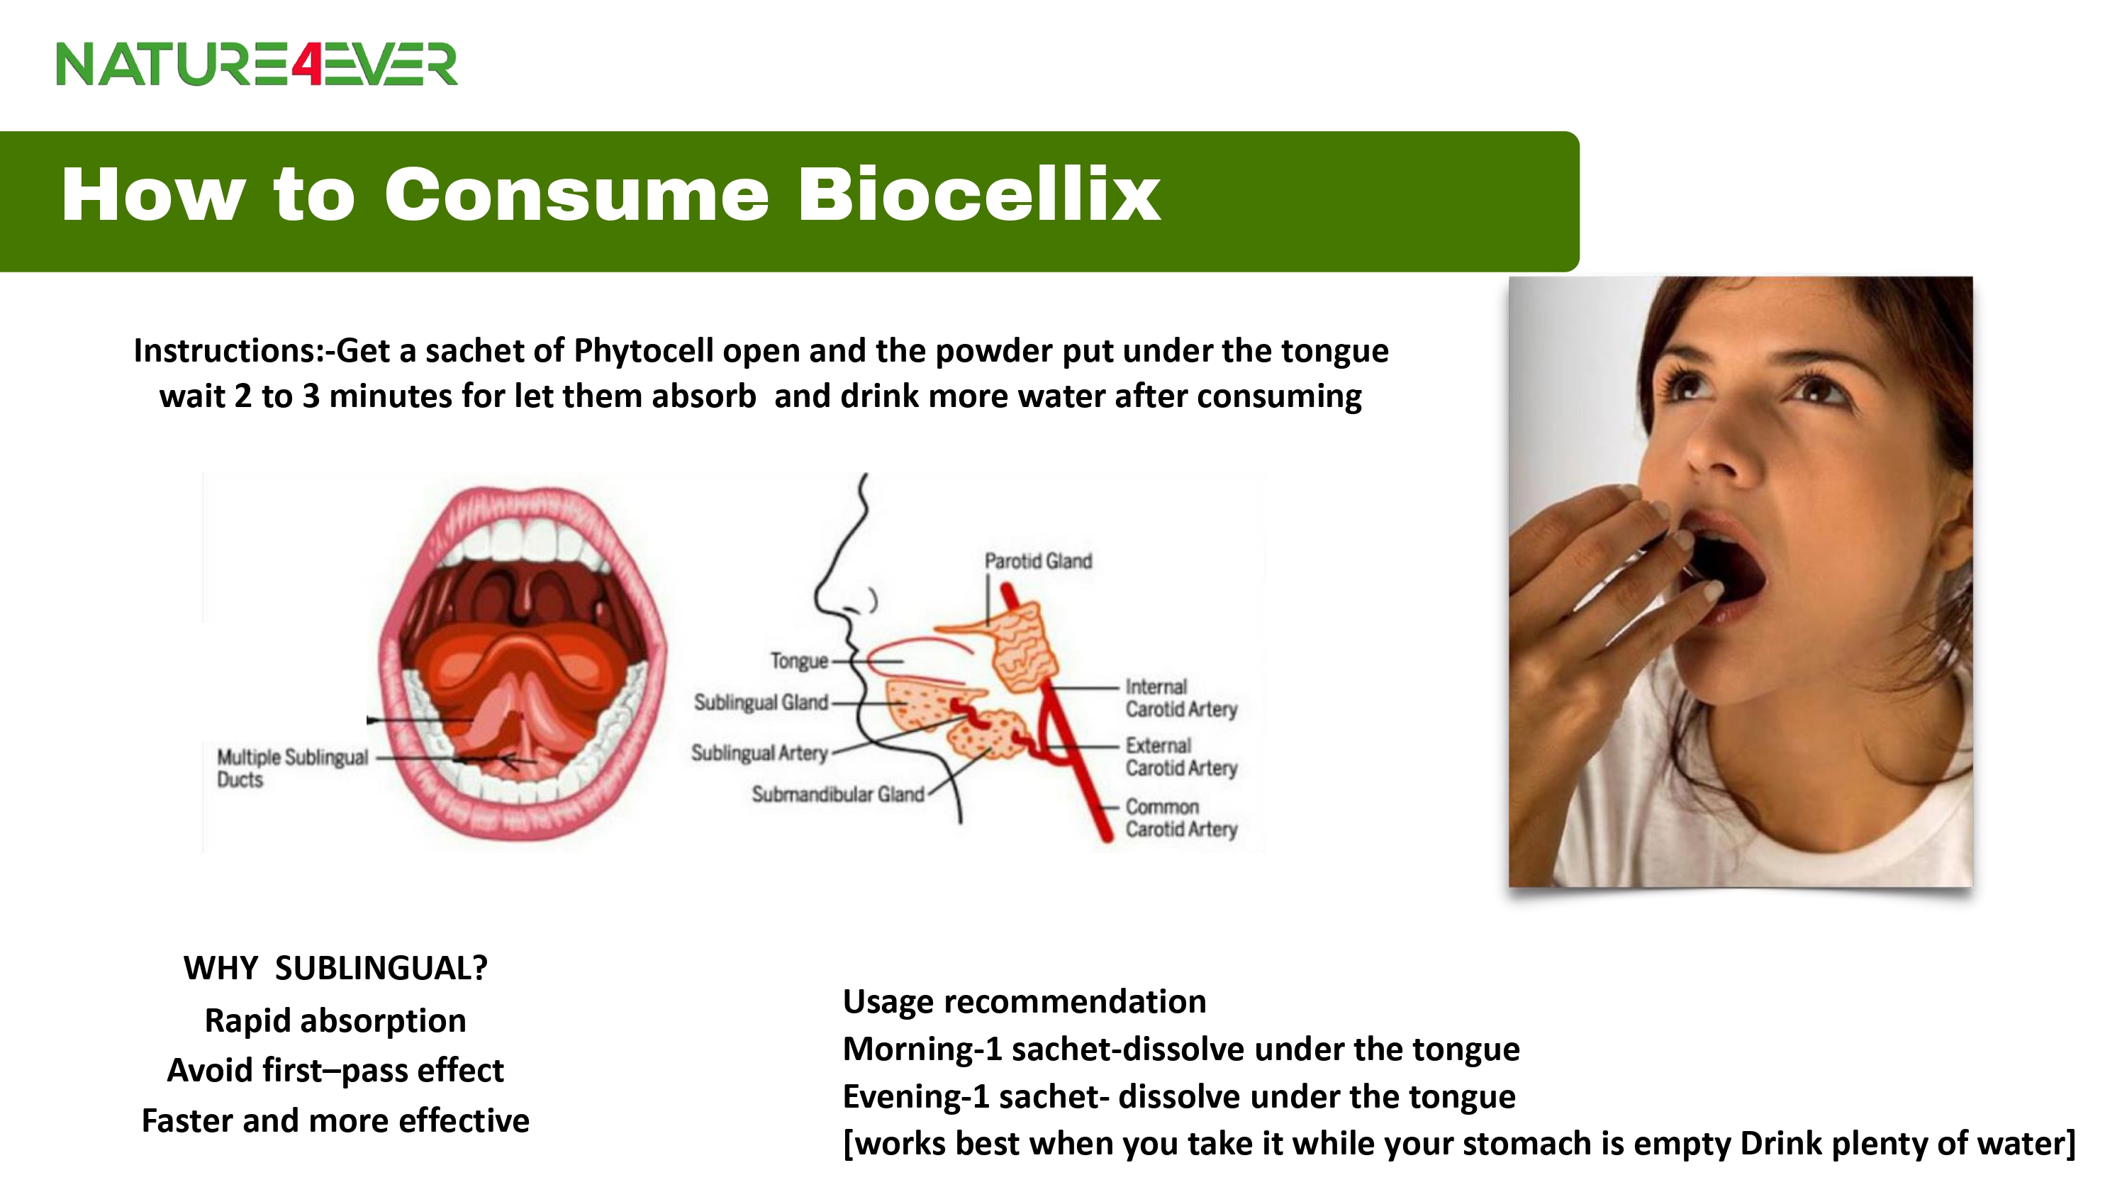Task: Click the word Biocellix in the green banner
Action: [x=978, y=195]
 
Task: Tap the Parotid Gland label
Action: [x=1038, y=561]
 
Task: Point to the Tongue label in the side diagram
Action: [x=798, y=661]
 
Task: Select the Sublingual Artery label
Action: [x=759, y=752]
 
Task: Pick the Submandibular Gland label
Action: [x=837, y=794]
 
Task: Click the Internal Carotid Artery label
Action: [x=1180, y=698]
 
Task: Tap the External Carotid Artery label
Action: [x=1180, y=757]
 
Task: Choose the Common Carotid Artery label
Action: [x=1180, y=818]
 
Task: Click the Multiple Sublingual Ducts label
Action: [x=292, y=768]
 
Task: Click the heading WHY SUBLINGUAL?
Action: [x=335, y=968]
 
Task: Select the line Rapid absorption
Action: [x=335, y=1021]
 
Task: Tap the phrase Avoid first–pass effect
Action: [x=335, y=1071]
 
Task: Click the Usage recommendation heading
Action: [x=1024, y=1001]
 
